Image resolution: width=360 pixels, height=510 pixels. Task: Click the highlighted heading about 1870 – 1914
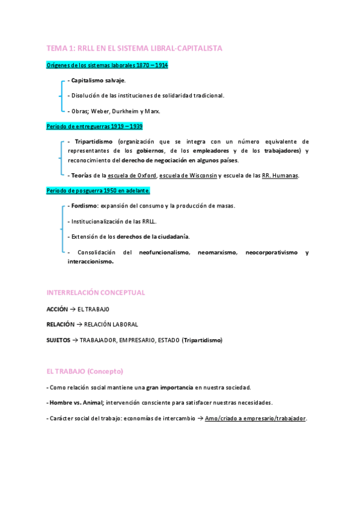point(107,64)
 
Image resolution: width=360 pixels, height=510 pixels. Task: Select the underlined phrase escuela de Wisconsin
point(188,175)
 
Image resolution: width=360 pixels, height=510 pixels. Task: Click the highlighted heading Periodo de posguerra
point(98,191)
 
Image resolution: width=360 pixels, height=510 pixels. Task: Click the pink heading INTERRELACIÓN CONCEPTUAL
point(96,292)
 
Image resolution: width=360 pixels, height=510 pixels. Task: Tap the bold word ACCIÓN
point(57,309)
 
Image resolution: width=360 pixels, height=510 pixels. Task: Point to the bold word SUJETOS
point(58,340)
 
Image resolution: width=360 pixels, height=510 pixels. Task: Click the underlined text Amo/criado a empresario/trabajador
point(255,418)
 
